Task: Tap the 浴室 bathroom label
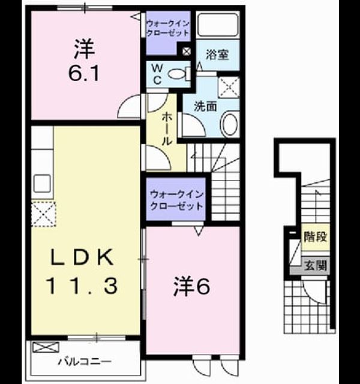pos(217,55)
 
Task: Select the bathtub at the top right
pos(218,25)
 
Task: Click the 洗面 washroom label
pos(205,106)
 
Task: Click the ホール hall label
pos(167,128)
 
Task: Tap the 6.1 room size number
pos(84,73)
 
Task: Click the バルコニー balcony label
pos(85,361)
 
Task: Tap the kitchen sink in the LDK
pos(42,183)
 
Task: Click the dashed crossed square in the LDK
pos(44,214)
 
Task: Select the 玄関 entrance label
pos(316,265)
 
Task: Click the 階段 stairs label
pos(316,236)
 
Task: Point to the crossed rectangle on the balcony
pos(46,347)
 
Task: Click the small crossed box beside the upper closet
pos(187,52)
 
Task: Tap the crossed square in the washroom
pos(229,87)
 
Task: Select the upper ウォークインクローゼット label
pos(168,28)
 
